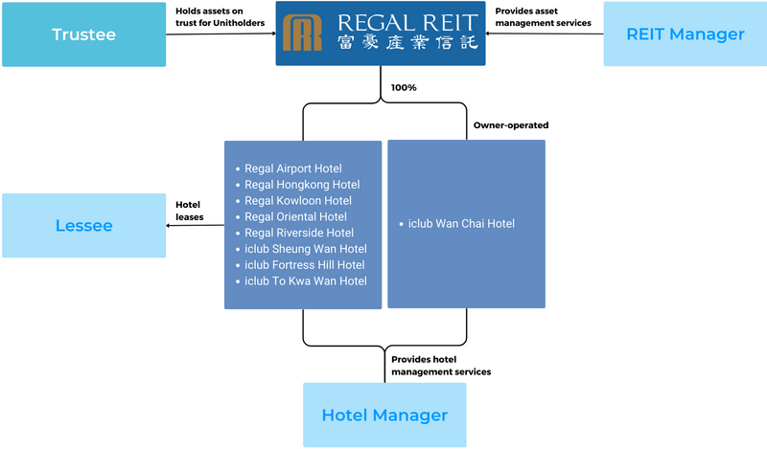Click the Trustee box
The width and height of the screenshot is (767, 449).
(x=82, y=34)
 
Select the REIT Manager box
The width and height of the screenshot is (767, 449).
(x=685, y=34)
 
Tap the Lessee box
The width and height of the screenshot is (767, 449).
(x=82, y=226)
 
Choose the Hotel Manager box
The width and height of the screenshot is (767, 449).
(x=384, y=415)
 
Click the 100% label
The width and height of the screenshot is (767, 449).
(x=404, y=87)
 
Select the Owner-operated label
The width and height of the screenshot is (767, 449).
(x=511, y=124)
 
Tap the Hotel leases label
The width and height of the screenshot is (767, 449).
(x=189, y=211)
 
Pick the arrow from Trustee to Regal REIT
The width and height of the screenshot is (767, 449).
(x=221, y=34)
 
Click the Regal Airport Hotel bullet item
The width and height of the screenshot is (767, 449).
(x=292, y=168)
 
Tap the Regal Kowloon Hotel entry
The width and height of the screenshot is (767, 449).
(x=297, y=201)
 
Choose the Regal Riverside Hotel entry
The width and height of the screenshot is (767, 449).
(x=298, y=233)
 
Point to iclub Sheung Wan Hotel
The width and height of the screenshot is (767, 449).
(x=305, y=249)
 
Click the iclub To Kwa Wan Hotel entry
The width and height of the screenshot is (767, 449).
(x=305, y=281)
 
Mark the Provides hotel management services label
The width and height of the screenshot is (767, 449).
(x=441, y=365)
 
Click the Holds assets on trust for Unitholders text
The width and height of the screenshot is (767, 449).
(x=221, y=16)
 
